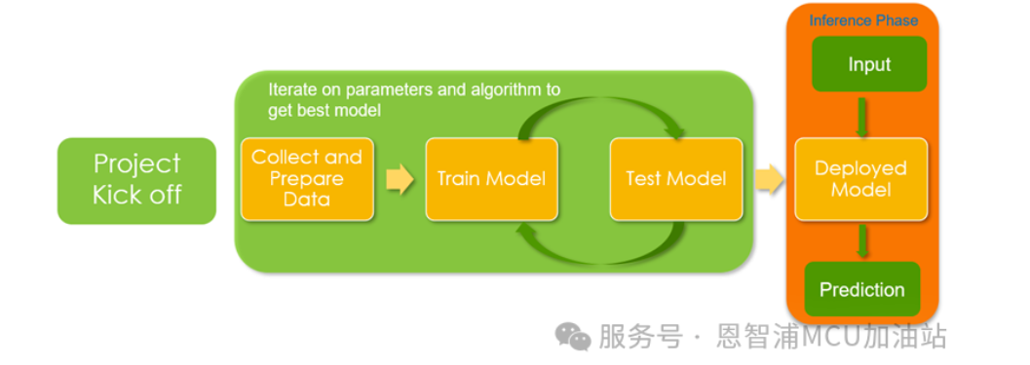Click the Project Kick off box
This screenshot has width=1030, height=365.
[136, 180]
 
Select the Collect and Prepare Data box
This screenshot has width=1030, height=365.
[307, 178]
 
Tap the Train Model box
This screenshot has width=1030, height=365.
[491, 178]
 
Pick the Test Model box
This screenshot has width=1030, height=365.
[676, 178]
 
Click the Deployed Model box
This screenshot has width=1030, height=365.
[861, 178]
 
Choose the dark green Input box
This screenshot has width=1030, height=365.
[869, 63]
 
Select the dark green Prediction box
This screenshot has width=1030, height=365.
[861, 289]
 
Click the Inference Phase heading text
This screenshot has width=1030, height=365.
[863, 20]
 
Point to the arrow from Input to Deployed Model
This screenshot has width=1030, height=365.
[861, 116]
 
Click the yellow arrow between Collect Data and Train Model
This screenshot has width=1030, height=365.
[401, 179]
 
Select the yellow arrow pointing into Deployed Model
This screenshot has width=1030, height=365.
[769, 179]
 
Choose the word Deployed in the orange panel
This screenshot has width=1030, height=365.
[860, 168]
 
